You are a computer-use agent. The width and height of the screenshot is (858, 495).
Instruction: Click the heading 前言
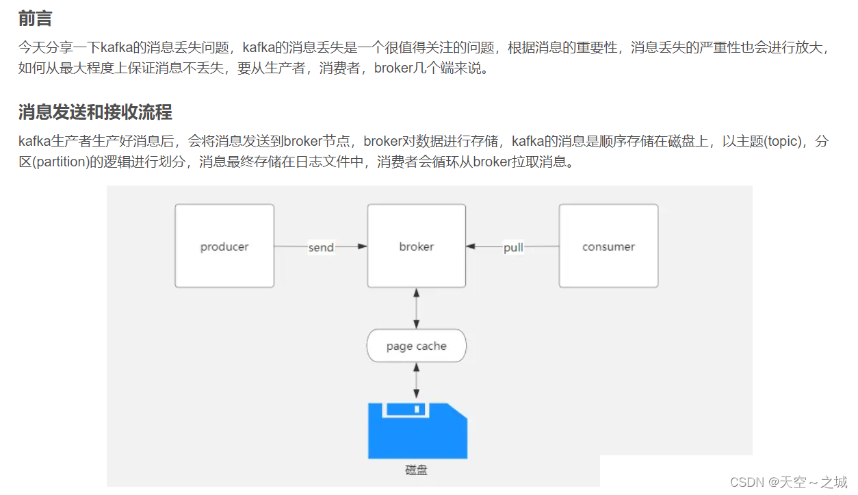tap(35, 19)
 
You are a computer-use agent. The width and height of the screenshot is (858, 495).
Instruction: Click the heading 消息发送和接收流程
tap(95, 112)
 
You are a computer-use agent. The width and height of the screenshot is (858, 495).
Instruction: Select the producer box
tap(224, 246)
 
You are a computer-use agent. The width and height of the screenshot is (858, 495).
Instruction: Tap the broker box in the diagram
tap(416, 246)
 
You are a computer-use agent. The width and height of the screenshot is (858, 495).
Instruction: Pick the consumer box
tap(608, 246)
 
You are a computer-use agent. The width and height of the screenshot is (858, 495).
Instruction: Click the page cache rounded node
tap(416, 346)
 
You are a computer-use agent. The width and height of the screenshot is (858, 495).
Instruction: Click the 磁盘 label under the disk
tap(416, 471)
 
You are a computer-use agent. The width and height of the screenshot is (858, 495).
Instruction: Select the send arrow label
tap(321, 247)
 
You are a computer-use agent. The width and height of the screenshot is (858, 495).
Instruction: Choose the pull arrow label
tap(513, 247)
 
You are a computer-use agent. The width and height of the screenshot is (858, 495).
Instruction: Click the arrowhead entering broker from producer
tap(362, 246)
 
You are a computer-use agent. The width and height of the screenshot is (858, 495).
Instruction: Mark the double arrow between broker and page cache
tap(416, 308)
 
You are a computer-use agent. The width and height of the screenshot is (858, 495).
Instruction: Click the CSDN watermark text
tap(747, 482)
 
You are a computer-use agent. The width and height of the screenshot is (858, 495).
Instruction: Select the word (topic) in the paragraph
tap(780, 142)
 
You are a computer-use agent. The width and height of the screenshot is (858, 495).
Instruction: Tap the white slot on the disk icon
tap(406, 409)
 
